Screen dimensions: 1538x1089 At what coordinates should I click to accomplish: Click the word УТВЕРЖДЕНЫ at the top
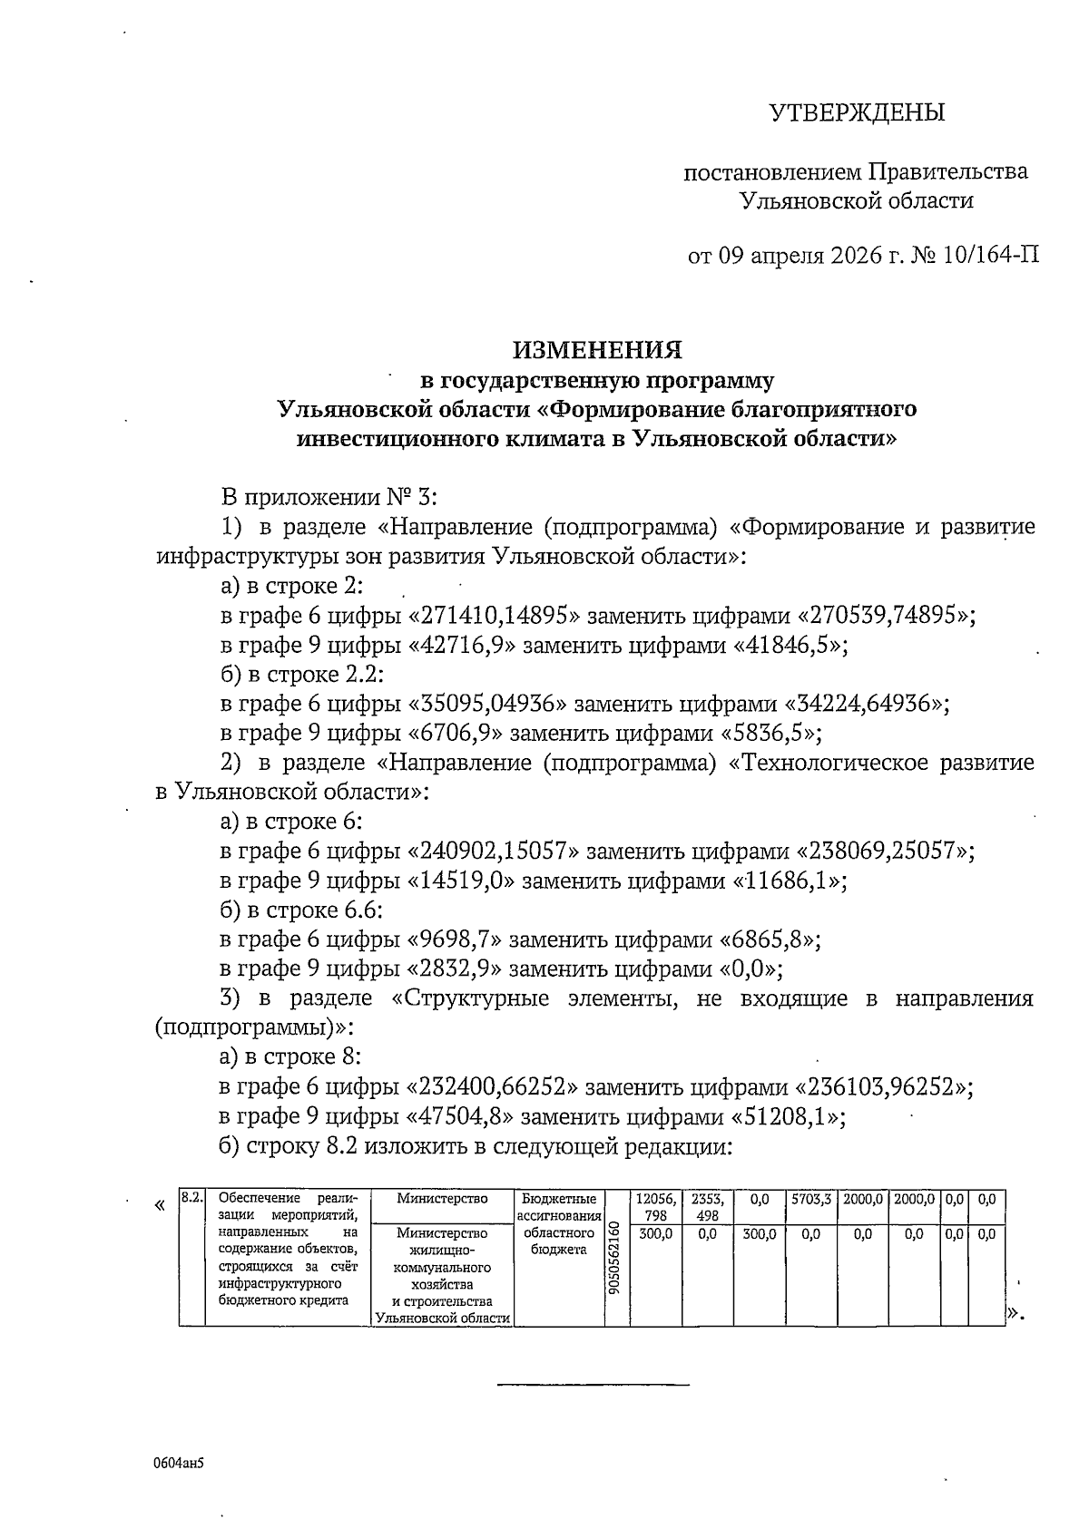857,112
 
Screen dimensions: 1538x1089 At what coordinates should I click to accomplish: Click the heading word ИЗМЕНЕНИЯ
597,349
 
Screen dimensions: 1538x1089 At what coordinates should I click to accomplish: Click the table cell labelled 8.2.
191,1198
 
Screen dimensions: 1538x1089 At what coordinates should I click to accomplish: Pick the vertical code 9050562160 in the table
616,1256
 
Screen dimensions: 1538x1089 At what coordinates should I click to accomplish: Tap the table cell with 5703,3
810,1199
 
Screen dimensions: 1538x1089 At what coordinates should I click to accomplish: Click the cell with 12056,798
655,1206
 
